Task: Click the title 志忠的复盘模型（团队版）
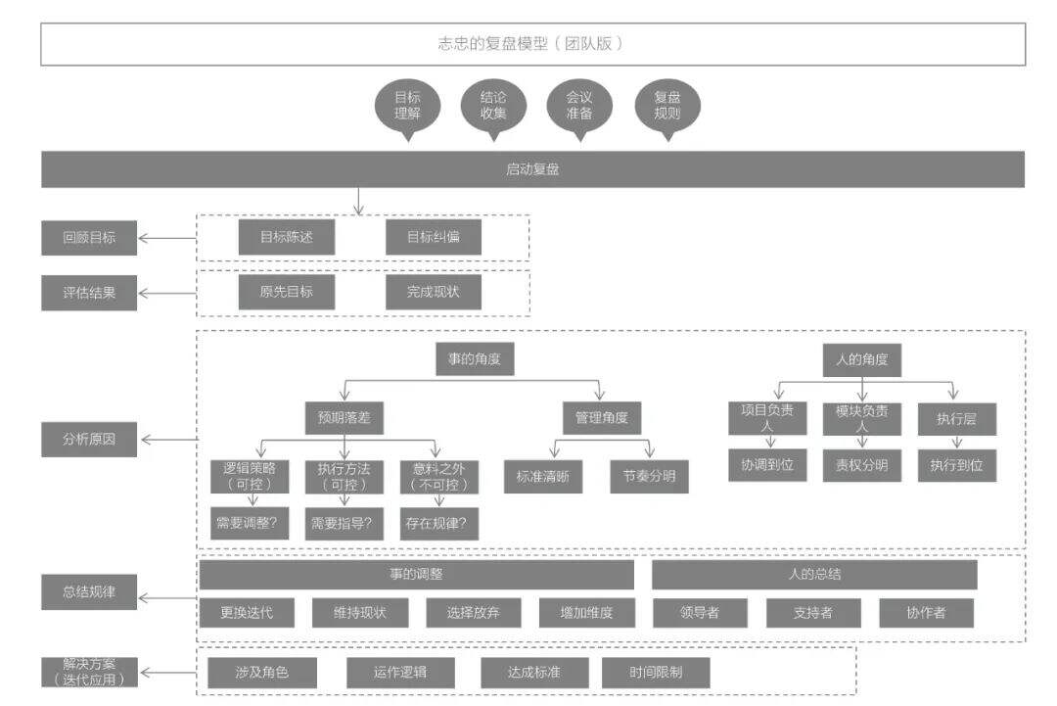pos(532,44)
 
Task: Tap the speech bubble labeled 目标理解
pos(407,107)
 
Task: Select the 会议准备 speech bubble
pos(579,107)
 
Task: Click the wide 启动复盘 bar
pos(532,169)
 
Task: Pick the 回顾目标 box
pos(89,238)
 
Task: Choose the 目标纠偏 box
pos(434,237)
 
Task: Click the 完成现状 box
pos(434,292)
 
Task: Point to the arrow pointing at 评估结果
pos(167,294)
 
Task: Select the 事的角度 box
pos(475,359)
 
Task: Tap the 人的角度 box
pos(861,360)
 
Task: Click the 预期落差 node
pos(345,418)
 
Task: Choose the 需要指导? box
pos(344,523)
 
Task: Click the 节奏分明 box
pos(649,477)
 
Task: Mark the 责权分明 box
pos(862,465)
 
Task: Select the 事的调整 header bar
pos(417,575)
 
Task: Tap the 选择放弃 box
pos(474,613)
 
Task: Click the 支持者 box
pos(813,613)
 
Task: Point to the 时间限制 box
pos(656,673)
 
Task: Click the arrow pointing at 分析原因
pos(170,440)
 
